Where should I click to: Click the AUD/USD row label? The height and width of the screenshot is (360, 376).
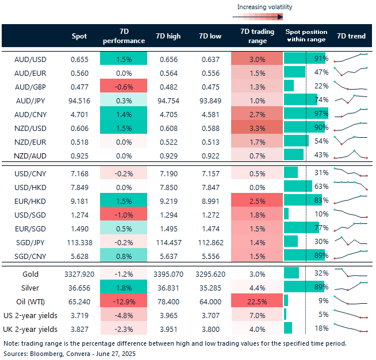click(x=30, y=59)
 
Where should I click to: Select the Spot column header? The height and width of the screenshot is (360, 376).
click(x=79, y=36)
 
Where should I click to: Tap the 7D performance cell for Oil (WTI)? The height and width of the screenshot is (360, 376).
click(x=124, y=301)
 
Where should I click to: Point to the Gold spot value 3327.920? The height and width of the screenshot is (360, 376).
click(x=79, y=274)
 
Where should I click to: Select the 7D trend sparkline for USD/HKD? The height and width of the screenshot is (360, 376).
click(x=351, y=186)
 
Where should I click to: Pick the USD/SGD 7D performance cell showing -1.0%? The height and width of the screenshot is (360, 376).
click(x=124, y=214)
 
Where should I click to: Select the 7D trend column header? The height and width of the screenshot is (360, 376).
click(x=351, y=36)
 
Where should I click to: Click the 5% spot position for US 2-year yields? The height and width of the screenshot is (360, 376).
click(x=323, y=314)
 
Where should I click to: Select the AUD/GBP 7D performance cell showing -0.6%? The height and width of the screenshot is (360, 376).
click(x=124, y=86)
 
